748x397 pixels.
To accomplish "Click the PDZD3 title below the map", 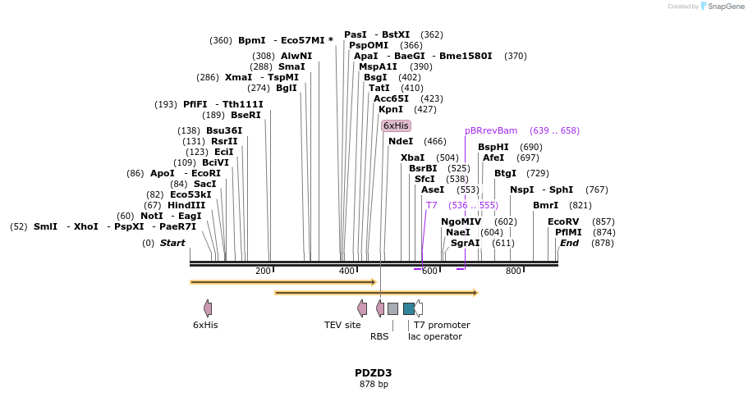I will coord(374,373).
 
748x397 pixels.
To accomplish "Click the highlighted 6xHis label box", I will coord(396,125).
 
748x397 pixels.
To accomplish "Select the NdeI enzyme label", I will coord(401,141).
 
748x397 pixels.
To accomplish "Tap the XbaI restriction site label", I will coord(412,157).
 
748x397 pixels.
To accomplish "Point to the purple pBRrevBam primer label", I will coord(491,130).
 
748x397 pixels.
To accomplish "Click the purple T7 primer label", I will coord(432,205).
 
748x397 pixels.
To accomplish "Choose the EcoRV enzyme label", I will coord(563,221).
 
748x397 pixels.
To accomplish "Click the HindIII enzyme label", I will coord(186,205).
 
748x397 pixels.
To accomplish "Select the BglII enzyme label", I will coord(287,88).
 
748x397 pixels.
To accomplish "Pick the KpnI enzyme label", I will coord(391,109).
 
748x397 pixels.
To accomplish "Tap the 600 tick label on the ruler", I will coord(429,272).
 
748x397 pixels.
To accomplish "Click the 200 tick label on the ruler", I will coord(263,272).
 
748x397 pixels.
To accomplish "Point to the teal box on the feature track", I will coord(408,308).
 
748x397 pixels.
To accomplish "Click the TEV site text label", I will coord(342,325).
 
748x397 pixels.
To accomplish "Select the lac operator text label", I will coord(435,336).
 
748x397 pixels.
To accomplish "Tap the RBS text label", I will coord(379,336).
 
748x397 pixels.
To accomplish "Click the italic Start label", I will coord(172,243).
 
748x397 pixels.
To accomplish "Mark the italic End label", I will coord(569,243).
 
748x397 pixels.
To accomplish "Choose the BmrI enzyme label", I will coord(545,205).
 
